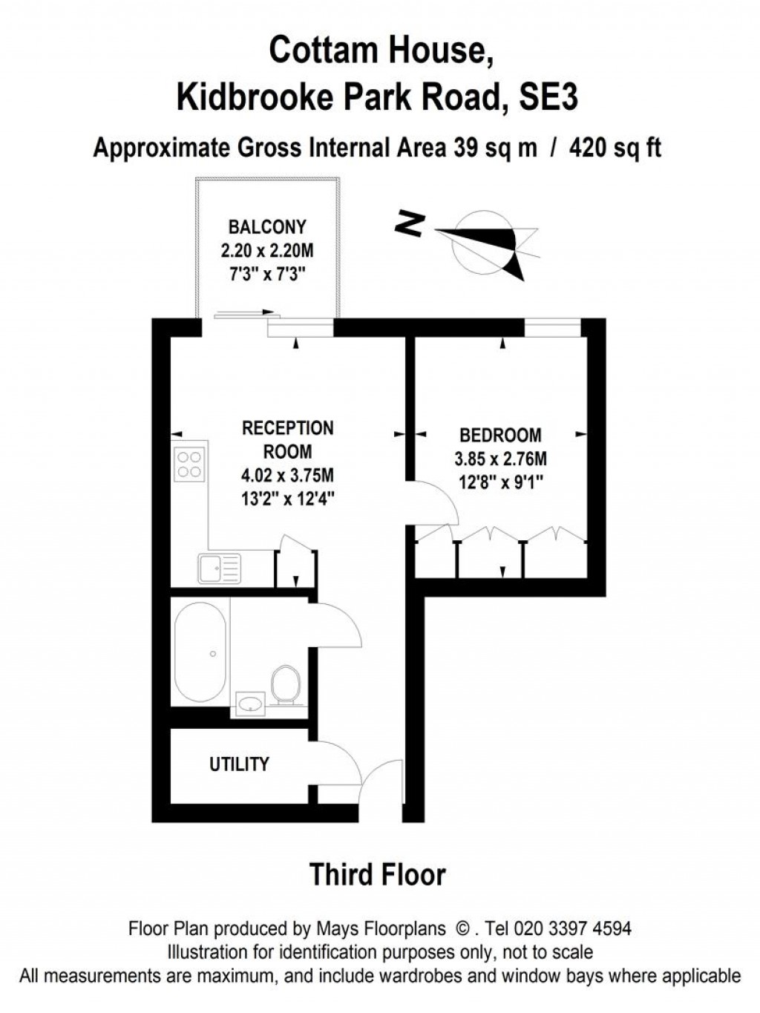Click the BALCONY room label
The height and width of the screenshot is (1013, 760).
[266, 227]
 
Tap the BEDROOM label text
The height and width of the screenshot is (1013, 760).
[500, 435]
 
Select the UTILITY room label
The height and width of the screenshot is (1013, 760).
[239, 764]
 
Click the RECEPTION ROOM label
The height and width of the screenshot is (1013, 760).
[288, 439]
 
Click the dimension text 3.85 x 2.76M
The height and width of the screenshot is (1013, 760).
[500, 459]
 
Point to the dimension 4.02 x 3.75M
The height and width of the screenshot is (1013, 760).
[288, 475]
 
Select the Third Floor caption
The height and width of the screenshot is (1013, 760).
[377, 874]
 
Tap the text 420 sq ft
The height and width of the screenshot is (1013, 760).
[615, 148]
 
